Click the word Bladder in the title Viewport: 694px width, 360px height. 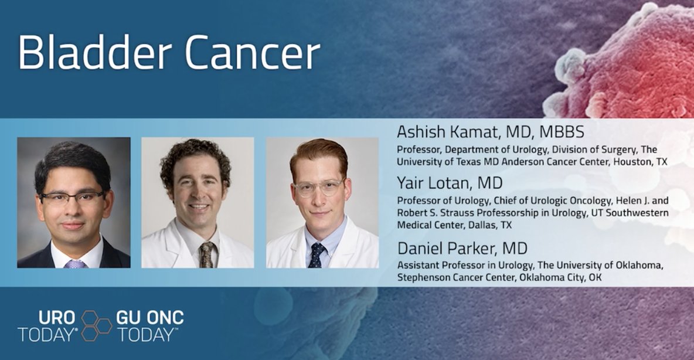coord(95,52)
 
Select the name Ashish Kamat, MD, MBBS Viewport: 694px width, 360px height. coord(491,132)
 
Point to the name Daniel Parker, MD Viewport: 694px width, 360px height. coord(462,248)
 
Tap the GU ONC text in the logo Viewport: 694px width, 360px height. coord(149,317)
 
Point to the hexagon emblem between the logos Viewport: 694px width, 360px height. coord(96,325)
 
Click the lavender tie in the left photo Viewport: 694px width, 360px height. coord(76,264)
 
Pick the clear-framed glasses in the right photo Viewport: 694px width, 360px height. coord(319,188)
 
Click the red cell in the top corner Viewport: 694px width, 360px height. coord(628,60)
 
